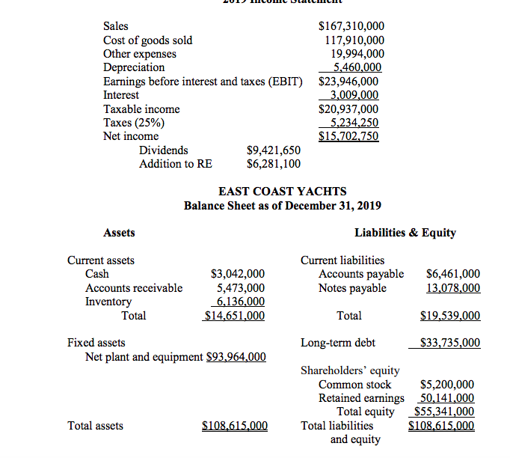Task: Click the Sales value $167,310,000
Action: [x=351, y=27]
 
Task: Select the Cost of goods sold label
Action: [x=147, y=40]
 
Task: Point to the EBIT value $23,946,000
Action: [x=348, y=82]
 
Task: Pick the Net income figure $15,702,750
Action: [x=348, y=136]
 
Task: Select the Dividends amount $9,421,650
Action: [x=274, y=150]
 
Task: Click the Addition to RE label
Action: [x=175, y=164]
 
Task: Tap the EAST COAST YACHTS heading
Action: [x=282, y=192]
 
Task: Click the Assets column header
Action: [x=119, y=233]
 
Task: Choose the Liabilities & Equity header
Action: [x=405, y=233]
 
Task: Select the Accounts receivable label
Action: [x=134, y=288]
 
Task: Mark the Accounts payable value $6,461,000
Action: [x=452, y=275]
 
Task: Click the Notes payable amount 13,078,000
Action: [x=452, y=288]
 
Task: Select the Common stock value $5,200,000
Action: [x=447, y=385]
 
